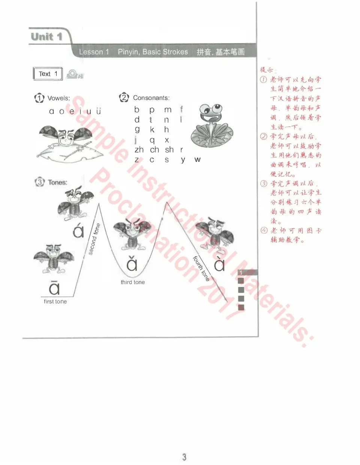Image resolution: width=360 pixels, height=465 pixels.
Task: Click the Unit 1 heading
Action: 46,37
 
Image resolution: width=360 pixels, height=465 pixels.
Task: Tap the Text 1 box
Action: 48,74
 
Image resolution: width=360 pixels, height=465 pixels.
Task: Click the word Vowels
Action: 58,98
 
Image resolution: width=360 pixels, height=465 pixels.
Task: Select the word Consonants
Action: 151,98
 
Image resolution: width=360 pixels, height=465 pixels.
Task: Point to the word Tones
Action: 57,182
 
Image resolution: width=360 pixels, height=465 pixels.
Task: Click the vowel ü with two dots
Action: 98,111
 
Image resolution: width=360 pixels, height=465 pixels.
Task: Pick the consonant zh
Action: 139,150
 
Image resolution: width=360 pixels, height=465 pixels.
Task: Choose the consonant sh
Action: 169,150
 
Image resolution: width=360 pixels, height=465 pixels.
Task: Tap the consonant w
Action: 197,160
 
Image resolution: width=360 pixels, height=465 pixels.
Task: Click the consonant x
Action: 167,140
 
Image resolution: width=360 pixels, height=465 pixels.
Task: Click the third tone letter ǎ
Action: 132,264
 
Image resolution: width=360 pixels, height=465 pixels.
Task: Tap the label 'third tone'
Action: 133,282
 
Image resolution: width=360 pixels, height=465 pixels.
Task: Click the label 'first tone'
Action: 55,301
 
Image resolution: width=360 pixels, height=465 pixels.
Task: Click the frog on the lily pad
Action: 211,126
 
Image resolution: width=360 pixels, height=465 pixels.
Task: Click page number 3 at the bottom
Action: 184,457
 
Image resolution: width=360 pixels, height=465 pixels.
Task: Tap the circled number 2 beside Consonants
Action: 124,97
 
